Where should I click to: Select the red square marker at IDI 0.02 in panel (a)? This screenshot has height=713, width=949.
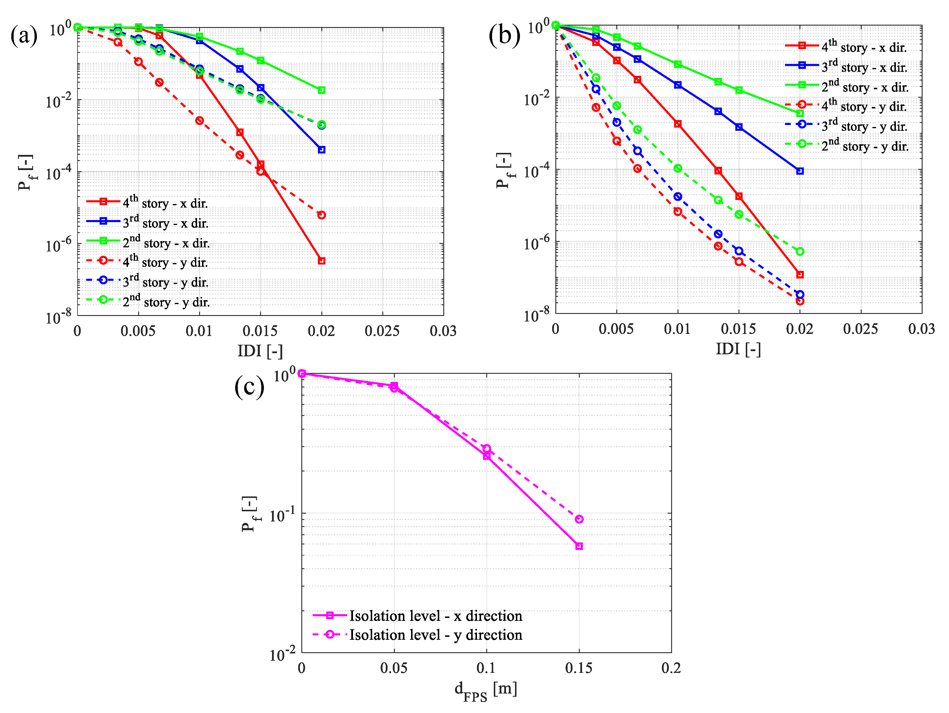322,261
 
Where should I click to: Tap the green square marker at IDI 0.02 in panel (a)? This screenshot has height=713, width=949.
322,90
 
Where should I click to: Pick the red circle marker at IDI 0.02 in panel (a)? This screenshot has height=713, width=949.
322,215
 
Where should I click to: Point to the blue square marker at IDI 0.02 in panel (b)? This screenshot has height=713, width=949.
800,171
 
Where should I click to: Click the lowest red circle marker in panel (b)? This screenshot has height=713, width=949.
800,301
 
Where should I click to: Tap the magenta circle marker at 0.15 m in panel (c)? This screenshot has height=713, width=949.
579,519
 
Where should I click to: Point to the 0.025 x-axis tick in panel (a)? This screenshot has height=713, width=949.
382,331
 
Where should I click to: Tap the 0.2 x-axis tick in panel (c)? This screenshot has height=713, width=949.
671,668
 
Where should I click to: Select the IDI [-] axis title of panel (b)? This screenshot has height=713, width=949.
738,349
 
